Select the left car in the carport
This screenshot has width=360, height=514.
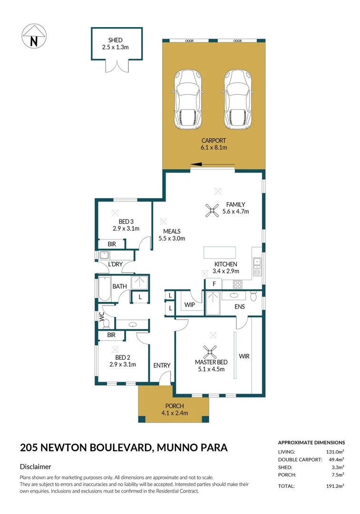(x=189, y=99)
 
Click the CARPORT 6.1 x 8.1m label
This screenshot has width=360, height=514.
(x=214, y=144)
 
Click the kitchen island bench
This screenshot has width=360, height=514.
(x=220, y=252)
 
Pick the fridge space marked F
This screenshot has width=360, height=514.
(x=214, y=284)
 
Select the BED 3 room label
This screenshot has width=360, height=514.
(x=126, y=221)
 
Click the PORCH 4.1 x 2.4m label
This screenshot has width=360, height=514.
(x=175, y=409)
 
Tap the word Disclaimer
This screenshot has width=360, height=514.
(x=36, y=467)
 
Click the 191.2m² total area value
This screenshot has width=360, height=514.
(x=335, y=486)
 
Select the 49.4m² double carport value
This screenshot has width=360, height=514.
(x=336, y=460)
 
